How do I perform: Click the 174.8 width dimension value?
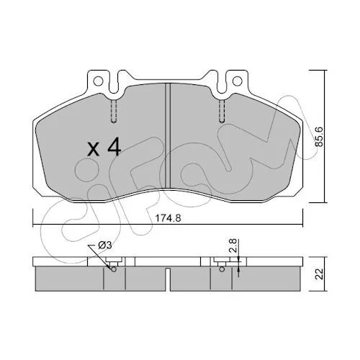[x=168, y=218]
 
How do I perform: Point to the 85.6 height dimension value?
[x=319, y=137]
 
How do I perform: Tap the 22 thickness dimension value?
[x=320, y=274]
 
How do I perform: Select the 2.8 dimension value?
[x=233, y=246]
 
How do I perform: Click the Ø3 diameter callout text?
[x=105, y=246]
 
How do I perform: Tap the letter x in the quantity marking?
[x=93, y=149]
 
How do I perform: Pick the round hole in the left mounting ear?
[x=98, y=81]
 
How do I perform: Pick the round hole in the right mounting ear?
[x=237, y=81]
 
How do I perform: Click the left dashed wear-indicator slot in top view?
[x=114, y=111]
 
